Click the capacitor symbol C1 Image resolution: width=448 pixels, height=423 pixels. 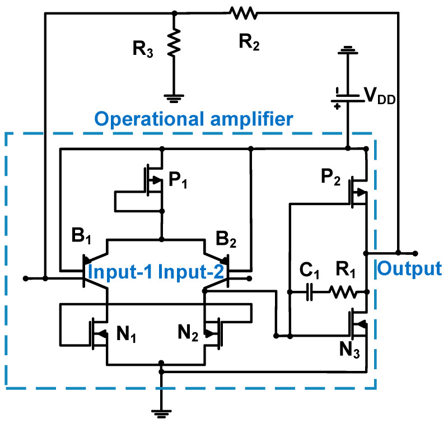point(309,292)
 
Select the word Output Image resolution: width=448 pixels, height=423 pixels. point(409,269)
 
